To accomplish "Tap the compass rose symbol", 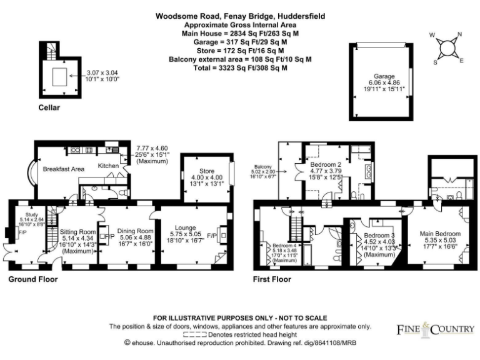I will click(447, 48).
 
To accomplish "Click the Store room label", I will click(206, 171).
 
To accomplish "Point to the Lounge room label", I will click(187, 229).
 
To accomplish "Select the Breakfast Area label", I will click(63, 169).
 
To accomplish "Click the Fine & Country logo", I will click(435, 328).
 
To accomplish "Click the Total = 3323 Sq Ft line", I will click(241, 67).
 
